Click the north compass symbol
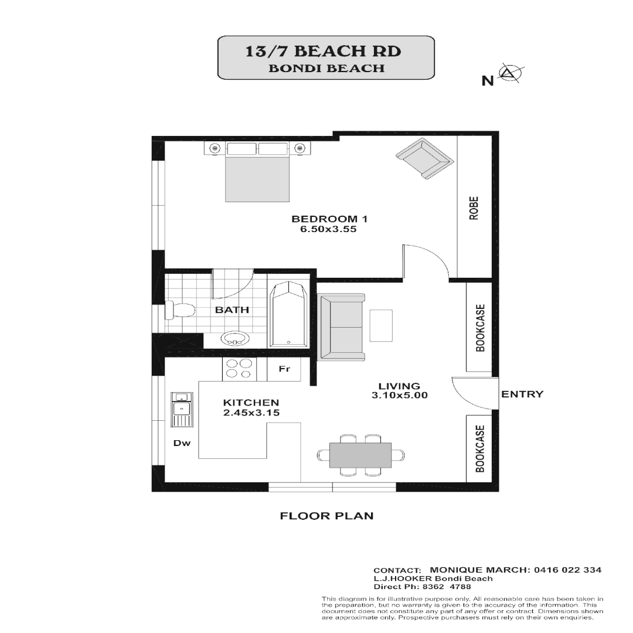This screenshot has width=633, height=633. point(509,74)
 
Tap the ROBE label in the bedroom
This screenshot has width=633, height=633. point(474,207)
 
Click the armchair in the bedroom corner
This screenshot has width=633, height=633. point(424,159)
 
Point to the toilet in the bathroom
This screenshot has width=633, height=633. point(179,310)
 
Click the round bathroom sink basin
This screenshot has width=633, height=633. point(236,338)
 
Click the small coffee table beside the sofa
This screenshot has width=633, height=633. point(381,325)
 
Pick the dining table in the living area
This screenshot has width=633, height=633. point(360,455)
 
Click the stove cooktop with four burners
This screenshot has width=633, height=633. point(239,369)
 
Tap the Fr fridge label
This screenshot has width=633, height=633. point(284,369)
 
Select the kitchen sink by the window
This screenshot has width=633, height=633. point(182,409)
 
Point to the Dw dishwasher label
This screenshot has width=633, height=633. point(182,443)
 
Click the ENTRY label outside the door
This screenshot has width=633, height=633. point(522,394)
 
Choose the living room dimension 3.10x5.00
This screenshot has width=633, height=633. point(399,396)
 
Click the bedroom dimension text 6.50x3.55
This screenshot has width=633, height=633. point(328,229)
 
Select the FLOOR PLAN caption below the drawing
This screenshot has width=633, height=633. point(326,516)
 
